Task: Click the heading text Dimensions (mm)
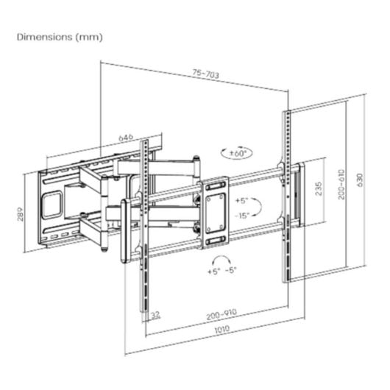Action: pos(60,36)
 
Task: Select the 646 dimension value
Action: pos(126,137)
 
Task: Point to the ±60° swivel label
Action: pos(238,153)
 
